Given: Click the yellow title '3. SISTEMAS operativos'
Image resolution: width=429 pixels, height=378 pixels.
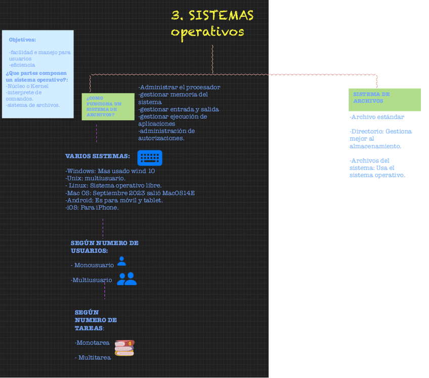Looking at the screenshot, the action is [x=212, y=23].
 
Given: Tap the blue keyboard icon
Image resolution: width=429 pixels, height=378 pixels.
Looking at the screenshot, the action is [x=150, y=158].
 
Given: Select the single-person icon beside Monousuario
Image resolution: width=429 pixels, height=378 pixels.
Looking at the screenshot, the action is [x=121, y=261].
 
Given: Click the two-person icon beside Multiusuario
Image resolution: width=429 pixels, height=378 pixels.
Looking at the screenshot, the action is [x=127, y=279].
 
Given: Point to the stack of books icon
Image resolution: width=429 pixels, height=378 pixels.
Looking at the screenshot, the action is [x=124, y=348].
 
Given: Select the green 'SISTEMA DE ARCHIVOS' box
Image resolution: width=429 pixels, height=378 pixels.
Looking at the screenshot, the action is [x=384, y=99].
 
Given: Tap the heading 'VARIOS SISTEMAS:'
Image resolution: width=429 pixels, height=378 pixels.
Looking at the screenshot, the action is [x=98, y=156].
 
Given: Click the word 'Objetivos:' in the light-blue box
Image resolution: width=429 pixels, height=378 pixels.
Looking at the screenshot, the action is [x=22, y=39].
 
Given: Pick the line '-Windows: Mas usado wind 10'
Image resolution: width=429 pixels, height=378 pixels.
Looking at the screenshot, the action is [x=110, y=171].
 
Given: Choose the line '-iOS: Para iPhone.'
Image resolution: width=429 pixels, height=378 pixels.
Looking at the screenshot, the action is [x=92, y=207].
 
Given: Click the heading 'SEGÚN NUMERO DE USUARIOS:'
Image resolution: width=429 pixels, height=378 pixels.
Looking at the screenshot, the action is [x=104, y=246].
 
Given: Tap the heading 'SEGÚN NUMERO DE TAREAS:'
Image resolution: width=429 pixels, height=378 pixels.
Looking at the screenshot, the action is [x=96, y=320].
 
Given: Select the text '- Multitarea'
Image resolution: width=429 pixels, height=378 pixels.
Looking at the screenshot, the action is [x=93, y=358].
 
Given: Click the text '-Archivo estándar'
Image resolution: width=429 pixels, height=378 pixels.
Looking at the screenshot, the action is [x=376, y=117].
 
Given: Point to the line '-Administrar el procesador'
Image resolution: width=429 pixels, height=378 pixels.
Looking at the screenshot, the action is [x=179, y=87].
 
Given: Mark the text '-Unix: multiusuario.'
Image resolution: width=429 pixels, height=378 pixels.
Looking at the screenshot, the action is [x=96, y=178].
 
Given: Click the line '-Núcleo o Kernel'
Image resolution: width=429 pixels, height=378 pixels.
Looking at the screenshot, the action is [x=27, y=86].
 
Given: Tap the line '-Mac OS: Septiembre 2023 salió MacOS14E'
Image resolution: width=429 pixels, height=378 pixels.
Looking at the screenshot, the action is [x=130, y=193].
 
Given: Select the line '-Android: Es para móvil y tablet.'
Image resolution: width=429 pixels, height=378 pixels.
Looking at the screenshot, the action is [x=114, y=200].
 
